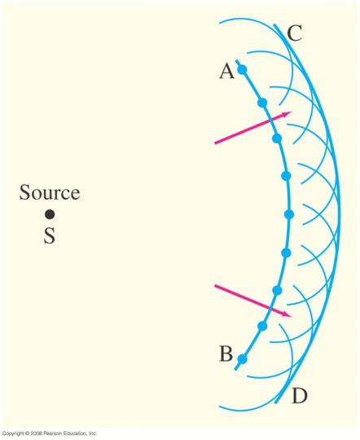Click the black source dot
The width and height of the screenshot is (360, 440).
[x=50, y=214]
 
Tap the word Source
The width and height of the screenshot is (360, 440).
[x=50, y=192]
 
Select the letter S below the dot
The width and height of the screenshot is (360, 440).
[x=50, y=235]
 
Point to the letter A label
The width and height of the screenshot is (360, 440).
[x=226, y=71]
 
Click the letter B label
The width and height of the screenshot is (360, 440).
[x=226, y=354]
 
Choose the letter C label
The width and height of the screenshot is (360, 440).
[x=294, y=33]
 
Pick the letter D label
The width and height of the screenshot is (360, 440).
[x=300, y=396]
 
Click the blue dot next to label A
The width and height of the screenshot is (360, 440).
[x=243, y=69]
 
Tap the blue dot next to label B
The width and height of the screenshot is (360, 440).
[x=243, y=359]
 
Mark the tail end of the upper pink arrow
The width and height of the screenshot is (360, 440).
[x=215, y=143]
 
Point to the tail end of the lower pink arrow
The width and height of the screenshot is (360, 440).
[x=215, y=285]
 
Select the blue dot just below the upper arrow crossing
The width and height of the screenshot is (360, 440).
[x=277, y=139]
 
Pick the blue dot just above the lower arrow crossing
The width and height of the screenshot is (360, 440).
[x=277, y=290]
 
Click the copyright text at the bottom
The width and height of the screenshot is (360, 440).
[x=50, y=433]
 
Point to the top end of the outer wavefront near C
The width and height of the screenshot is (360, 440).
[x=274, y=24]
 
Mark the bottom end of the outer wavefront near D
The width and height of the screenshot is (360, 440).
[x=276, y=403]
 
